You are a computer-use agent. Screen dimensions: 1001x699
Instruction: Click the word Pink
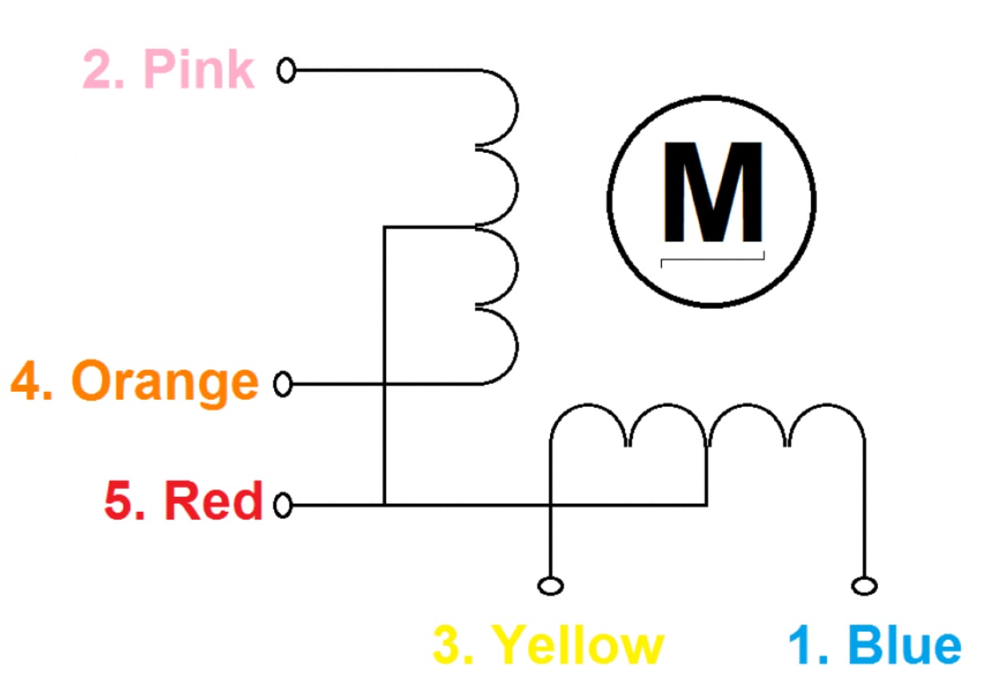[x=199, y=70]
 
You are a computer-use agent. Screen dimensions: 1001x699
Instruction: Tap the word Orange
[x=165, y=383]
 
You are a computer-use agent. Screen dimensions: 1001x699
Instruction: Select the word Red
[x=213, y=501]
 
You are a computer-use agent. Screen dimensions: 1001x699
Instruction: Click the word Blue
[x=904, y=645]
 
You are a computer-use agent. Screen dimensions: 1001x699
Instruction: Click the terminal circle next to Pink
[x=286, y=70]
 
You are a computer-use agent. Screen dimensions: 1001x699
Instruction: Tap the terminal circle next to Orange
[x=283, y=383]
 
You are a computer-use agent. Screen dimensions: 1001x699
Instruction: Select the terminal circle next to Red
[x=283, y=505]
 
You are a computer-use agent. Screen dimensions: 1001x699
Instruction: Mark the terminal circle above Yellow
[x=551, y=586]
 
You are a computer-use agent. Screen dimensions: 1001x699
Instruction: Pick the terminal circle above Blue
[x=865, y=586]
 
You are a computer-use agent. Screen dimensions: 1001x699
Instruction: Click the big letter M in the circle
[x=712, y=192]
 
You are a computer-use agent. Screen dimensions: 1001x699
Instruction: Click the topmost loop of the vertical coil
[x=517, y=107]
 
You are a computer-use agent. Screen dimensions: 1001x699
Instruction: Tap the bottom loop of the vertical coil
[x=517, y=345]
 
